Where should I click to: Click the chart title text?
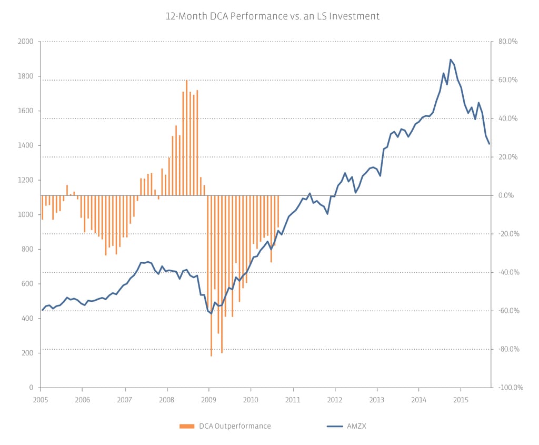coord(272,16)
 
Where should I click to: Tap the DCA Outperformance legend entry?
coord(234,426)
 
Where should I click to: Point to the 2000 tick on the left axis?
coord(26,42)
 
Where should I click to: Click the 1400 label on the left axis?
coord(26,145)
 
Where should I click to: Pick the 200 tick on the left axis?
coord(27,353)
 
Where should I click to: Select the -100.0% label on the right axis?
coord(510,388)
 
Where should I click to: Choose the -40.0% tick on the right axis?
coord(508,272)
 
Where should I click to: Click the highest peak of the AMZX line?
coord(451,60)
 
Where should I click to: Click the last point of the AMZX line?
coord(490,144)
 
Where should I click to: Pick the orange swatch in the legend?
coord(187,426)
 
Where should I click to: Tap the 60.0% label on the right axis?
coord(508,80)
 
